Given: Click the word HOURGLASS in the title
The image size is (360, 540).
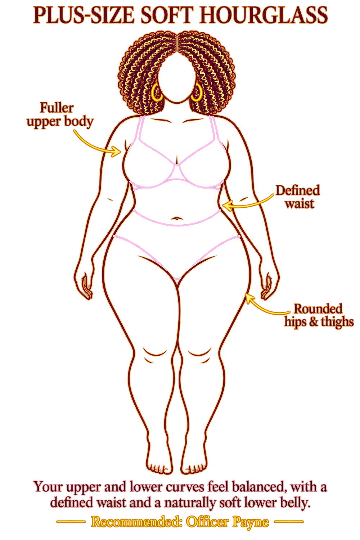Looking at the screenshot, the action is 263,15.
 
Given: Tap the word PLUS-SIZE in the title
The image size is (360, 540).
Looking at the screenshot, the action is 84,15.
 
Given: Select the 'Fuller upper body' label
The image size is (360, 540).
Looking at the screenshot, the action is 60,115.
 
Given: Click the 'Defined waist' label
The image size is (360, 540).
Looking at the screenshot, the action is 298,197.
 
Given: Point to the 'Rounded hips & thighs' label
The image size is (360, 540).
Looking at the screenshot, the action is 319,315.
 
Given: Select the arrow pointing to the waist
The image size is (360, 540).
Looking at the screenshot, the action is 248,204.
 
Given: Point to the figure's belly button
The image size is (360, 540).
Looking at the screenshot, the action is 177,219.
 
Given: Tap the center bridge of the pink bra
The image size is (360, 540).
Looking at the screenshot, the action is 177,172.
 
